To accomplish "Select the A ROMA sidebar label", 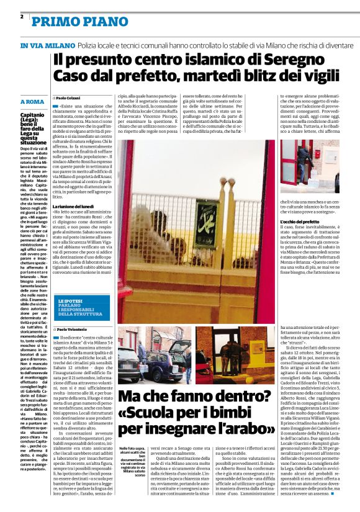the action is tap(31, 101).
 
